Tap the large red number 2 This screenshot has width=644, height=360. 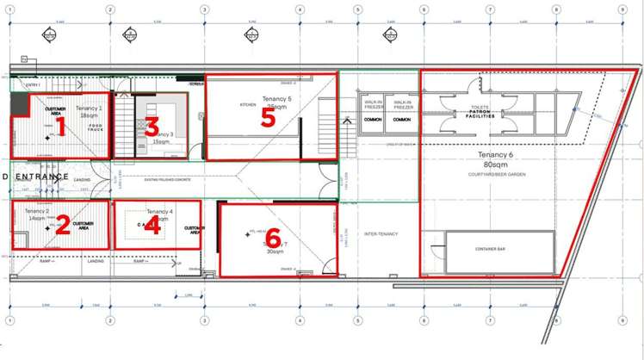tap(62, 226)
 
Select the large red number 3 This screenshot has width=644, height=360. tap(152, 128)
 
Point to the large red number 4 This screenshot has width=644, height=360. tap(152, 227)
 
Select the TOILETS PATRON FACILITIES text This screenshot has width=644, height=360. tap(480, 112)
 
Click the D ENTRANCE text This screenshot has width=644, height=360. tap(36, 177)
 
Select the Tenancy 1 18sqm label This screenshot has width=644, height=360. tap(89, 111)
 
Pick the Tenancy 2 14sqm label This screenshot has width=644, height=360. tap(37, 215)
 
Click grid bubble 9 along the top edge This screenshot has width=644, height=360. tap(622, 10)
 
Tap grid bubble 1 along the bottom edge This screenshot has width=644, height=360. tap(9, 320)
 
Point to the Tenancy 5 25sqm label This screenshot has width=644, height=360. tap(277, 102)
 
